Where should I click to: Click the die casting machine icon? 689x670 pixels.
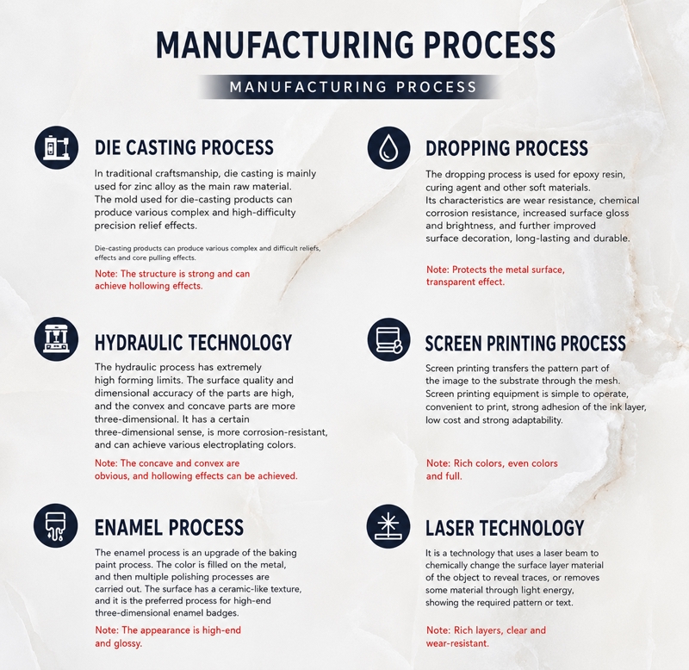coord(56,147)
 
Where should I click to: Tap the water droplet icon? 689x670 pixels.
coord(388,148)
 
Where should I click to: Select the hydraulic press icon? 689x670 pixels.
coord(56,338)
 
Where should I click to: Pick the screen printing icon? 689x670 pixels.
coord(388,339)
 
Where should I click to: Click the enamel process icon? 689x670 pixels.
coord(55,525)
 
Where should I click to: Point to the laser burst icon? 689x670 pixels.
coord(388,526)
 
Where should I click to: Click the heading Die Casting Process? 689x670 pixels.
coord(184,147)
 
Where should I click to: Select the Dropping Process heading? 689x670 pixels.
coord(506,148)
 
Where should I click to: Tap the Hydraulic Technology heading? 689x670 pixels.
coord(193,343)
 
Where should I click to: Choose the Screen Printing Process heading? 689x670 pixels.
coord(525,344)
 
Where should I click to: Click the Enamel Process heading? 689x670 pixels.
coord(169,528)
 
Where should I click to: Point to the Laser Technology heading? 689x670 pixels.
coord(505,528)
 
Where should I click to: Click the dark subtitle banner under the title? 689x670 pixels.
coord(351,87)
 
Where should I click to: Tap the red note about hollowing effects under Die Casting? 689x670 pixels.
coord(172,280)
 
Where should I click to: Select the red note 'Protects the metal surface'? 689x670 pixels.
coord(495,276)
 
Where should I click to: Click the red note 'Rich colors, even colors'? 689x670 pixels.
coord(492,469)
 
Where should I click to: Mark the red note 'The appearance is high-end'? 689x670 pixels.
coord(168,636)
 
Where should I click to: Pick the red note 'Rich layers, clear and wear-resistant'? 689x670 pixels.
coord(486,636)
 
